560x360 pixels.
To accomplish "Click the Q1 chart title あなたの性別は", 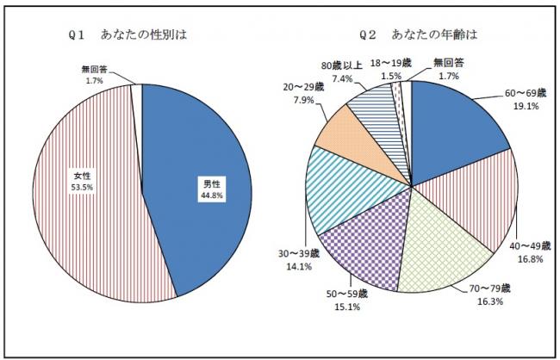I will click(x=145, y=36).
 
